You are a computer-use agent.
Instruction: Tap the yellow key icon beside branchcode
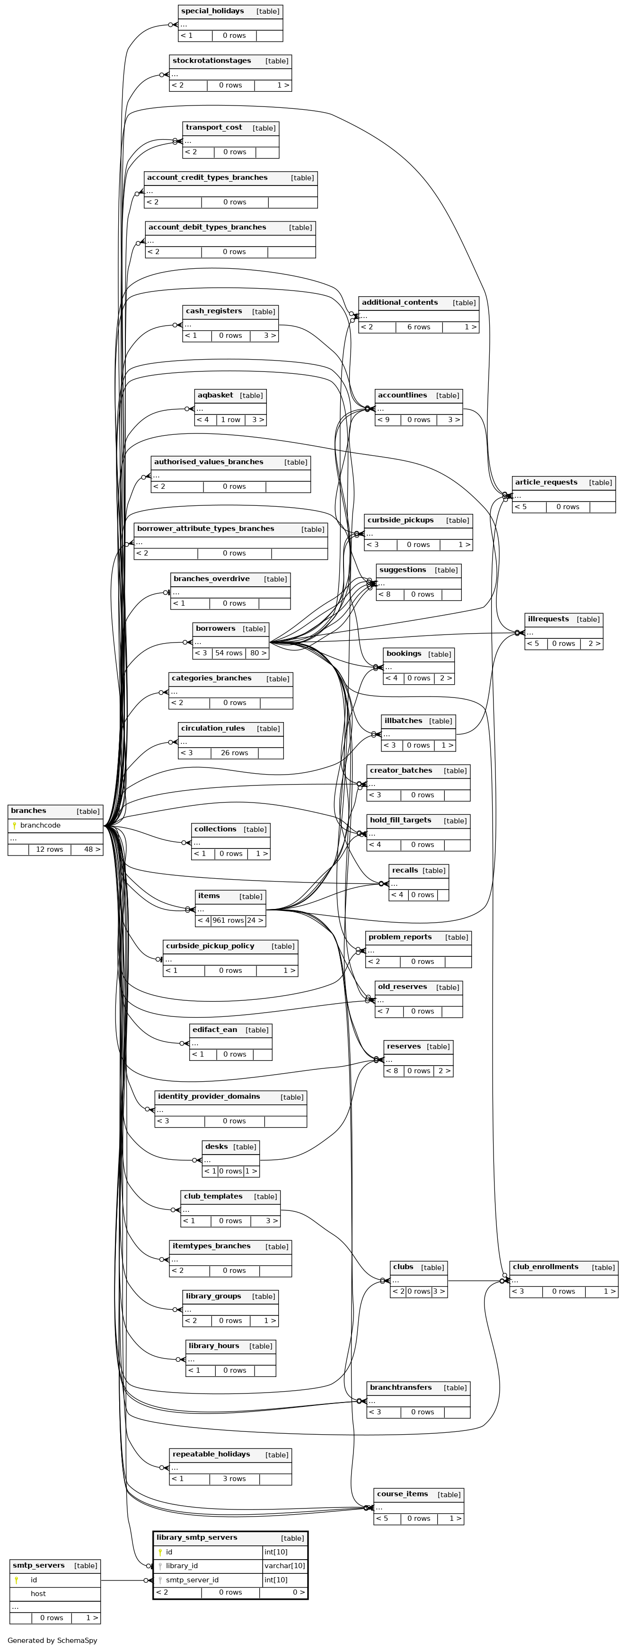14,825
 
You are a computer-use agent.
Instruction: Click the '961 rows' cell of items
228,920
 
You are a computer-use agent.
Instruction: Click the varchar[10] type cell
285,1566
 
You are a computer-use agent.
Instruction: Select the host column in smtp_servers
38,1594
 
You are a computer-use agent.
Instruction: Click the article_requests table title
546,482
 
